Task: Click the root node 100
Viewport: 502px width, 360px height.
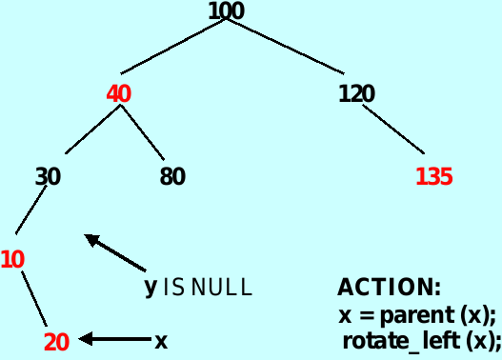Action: coord(226,11)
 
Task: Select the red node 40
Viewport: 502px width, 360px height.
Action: coord(118,94)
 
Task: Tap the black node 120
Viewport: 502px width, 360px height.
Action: coord(356,94)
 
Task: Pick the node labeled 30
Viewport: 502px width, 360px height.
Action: coord(48,176)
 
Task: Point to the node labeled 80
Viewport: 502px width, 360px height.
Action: coord(172,176)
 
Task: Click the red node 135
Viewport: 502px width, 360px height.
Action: coord(433,176)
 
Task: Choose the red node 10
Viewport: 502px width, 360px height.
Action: coord(12,258)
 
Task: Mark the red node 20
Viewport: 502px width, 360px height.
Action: coord(56,342)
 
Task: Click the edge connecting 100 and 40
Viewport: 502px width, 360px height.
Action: coord(173,46)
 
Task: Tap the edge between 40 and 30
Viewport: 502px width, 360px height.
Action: coord(93,130)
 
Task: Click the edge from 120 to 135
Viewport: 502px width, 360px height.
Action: coord(392,128)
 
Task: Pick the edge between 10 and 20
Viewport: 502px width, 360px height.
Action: coord(34,299)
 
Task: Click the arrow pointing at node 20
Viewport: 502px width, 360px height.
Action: coord(114,339)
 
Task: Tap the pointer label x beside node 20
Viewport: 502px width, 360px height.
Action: coord(161,340)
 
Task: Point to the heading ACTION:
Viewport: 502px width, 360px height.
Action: coord(389,287)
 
